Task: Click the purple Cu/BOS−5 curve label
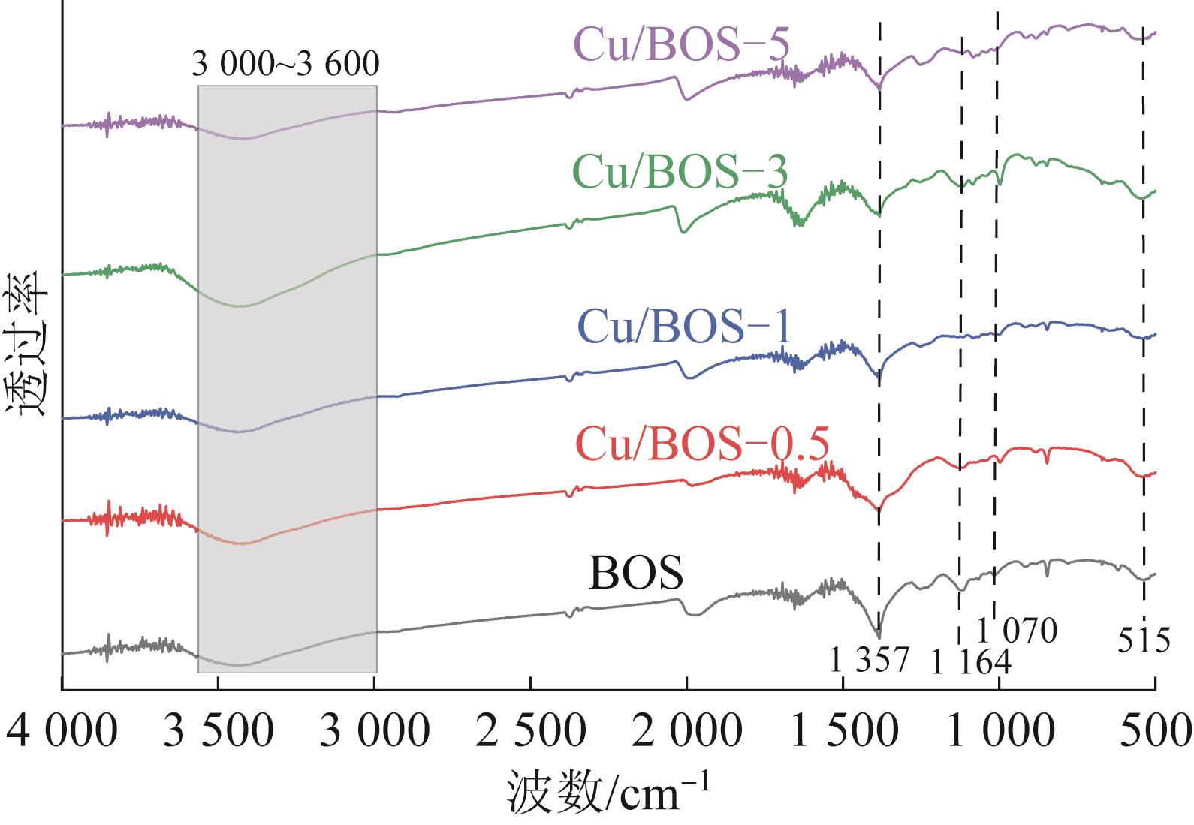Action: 681,46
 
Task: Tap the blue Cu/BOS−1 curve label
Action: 685,328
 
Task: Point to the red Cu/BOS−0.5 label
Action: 702,444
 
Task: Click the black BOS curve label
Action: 636,574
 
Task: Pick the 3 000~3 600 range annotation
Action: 285,65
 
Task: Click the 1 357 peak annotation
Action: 869,661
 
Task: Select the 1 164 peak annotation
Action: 970,663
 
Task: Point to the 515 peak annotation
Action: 1144,642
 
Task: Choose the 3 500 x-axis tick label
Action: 218,731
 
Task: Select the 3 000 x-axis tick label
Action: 374,731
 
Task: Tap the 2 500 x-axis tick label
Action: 530,731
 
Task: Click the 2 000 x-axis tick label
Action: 686,731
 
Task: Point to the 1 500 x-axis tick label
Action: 843,731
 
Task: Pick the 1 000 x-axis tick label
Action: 999,731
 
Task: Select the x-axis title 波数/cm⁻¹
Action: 607,792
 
